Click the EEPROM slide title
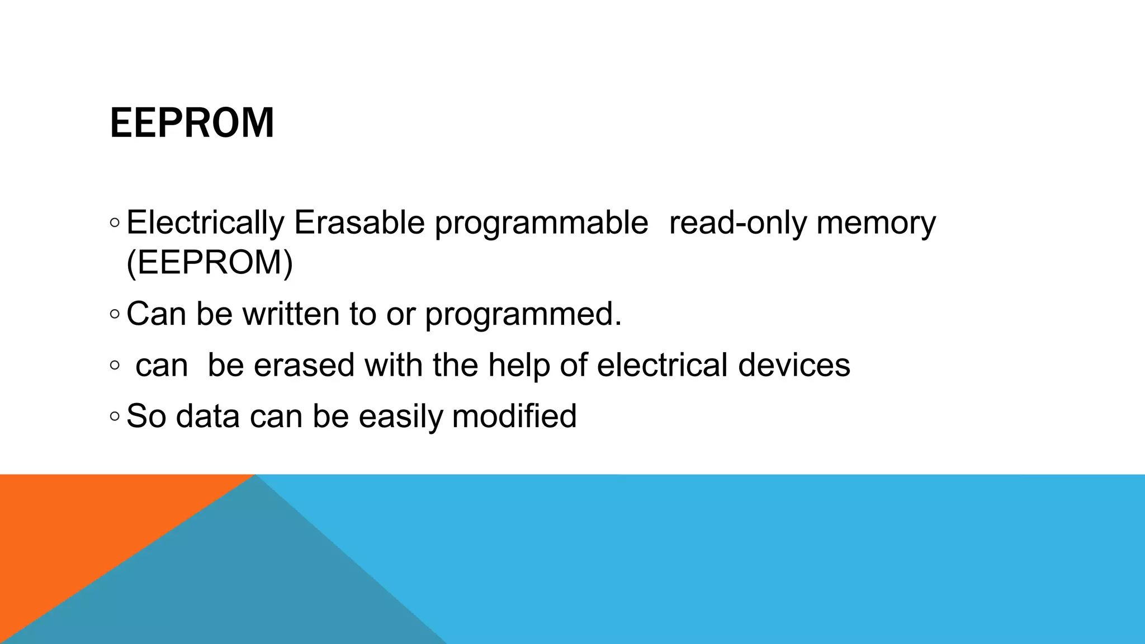[x=192, y=123]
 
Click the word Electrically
[x=205, y=222]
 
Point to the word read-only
[x=737, y=222]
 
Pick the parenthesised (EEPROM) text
[x=210, y=262]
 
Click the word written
[x=291, y=314]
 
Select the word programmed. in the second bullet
[x=523, y=315]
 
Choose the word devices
[x=794, y=365]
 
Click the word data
[x=208, y=416]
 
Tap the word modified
[x=514, y=416]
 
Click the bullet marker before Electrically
[x=115, y=223]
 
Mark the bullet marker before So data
[x=115, y=416]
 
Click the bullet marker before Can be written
[x=115, y=314]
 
